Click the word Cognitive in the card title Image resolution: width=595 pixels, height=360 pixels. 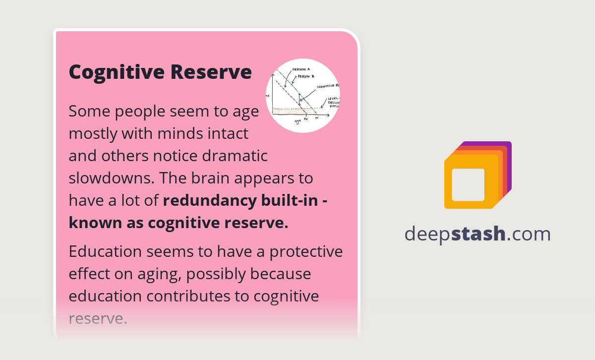(117, 72)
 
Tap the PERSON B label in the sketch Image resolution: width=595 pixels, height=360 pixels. (306, 76)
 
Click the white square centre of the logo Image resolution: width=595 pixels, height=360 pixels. (468, 184)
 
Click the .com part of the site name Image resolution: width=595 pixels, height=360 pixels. (529, 234)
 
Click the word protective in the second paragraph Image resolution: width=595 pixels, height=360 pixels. (306, 251)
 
